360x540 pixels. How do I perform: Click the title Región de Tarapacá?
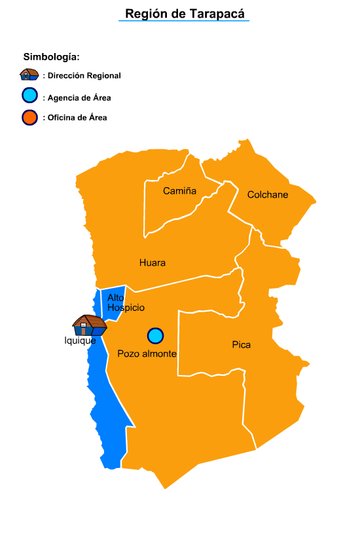click(x=184, y=14)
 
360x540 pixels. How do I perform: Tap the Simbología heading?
click(x=51, y=57)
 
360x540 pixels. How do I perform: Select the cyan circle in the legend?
click(x=29, y=96)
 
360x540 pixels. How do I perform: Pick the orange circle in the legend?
click(x=29, y=118)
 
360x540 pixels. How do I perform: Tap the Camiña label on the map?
click(x=179, y=191)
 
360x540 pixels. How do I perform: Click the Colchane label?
click(x=268, y=194)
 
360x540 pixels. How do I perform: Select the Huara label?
click(x=153, y=263)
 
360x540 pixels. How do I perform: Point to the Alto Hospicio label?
click(x=126, y=302)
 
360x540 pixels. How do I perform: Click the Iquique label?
click(x=80, y=340)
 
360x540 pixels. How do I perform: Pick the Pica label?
click(x=242, y=345)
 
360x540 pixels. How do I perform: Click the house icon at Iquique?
click(x=89, y=325)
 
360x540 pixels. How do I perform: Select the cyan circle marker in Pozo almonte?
click(x=155, y=336)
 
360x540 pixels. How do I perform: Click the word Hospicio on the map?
click(x=126, y=308)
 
